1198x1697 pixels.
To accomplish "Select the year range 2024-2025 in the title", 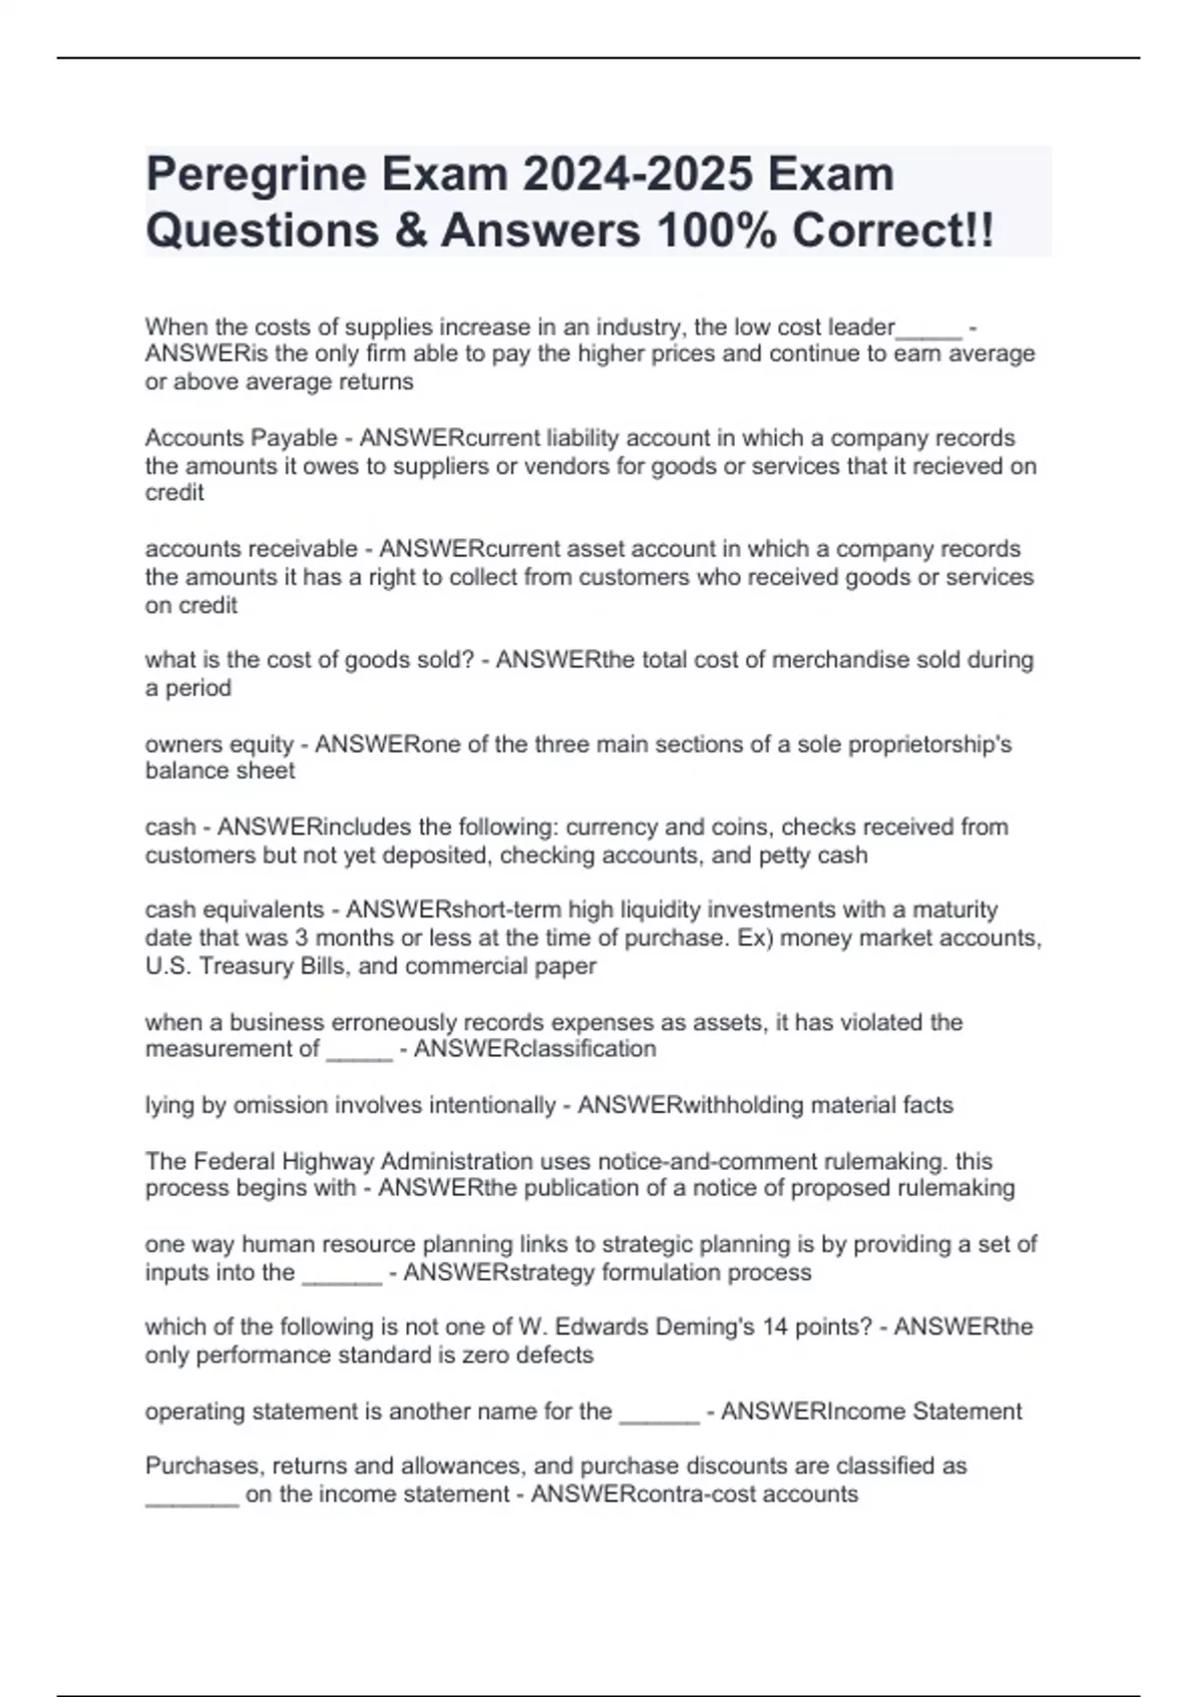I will pos(639,175).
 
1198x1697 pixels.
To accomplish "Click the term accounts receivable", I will pos(251,549).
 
